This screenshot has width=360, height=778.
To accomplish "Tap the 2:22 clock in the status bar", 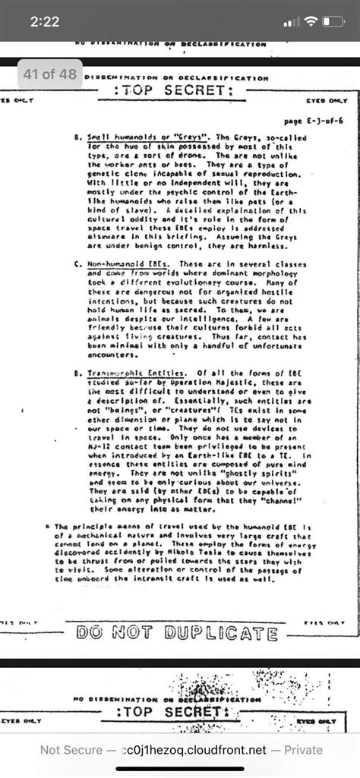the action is [x=45, y=22].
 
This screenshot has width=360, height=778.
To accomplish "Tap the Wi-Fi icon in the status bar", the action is [x=311, y=22].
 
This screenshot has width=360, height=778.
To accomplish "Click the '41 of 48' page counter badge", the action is [x=50, y=74].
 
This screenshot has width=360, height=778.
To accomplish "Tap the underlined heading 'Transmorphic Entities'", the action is [x=136, y=373].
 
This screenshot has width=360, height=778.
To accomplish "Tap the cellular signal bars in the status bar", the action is [x=289, y=22].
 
